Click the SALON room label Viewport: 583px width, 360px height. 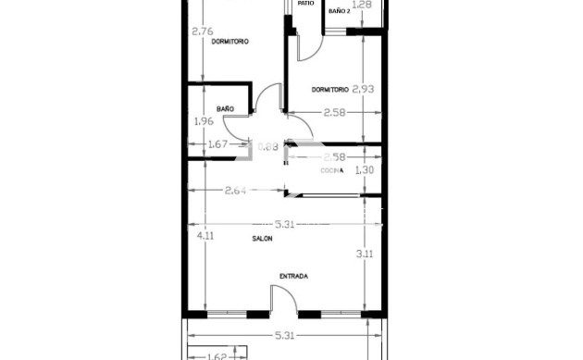262,239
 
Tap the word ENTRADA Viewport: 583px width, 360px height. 293,276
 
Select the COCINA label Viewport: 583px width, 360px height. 332,170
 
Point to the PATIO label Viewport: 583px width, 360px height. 306,4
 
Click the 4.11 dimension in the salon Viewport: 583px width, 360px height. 205,235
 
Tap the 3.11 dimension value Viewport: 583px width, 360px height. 365,253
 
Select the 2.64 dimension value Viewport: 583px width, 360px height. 236,191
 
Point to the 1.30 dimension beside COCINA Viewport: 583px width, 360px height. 365,170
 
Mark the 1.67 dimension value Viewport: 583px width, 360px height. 218,143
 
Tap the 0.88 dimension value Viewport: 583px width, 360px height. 267,145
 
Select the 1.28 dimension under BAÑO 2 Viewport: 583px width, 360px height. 364,5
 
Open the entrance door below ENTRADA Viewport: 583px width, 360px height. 282,303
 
